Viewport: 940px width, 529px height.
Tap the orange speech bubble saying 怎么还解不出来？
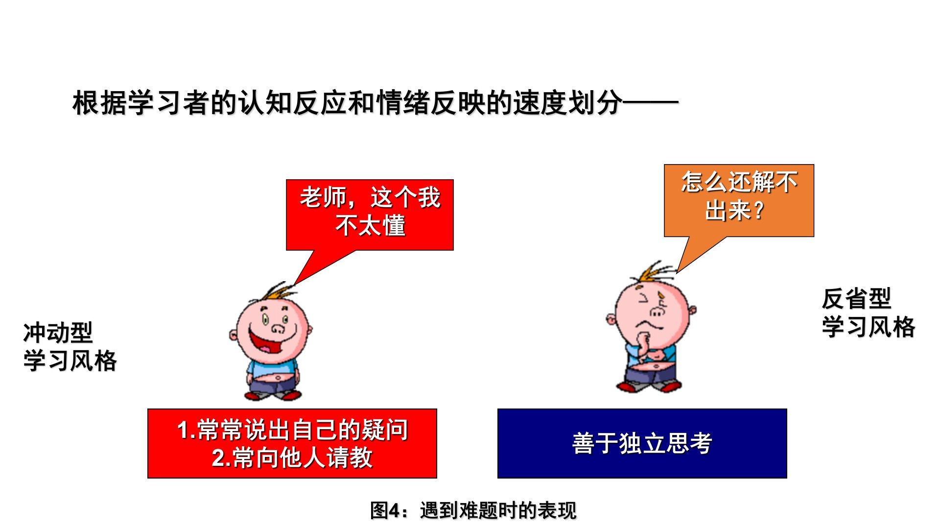coord(739,200)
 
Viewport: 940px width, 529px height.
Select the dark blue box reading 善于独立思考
coord(642,443)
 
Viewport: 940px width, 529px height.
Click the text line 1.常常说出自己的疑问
coord(292,430)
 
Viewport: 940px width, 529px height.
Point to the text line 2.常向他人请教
coord(292,458)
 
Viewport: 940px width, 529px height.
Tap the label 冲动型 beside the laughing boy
coord(58,333)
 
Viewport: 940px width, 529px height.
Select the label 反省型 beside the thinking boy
coord(856,299)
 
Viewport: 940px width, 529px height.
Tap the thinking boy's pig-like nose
coord(657,312)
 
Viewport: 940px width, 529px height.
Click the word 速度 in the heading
coord(540,103)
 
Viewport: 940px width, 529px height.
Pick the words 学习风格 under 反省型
coord(869,327)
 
